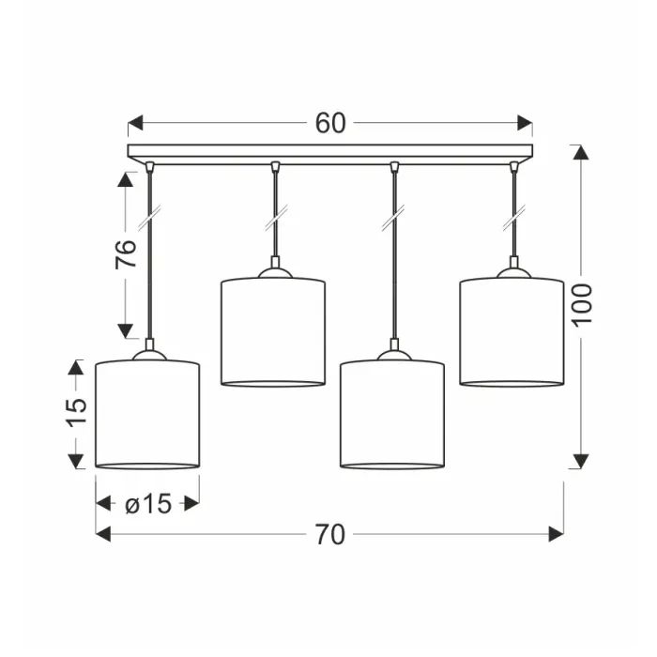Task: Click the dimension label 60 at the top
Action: (x=330, y=123)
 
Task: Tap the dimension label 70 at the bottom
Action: (x=330, y=535)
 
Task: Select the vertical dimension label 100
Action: (x=583, y=305)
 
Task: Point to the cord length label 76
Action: (x=126, y=254)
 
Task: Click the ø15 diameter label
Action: (x=148, y=503)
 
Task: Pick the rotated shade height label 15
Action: (x=77, y=412)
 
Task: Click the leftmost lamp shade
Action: (x=147, y=414)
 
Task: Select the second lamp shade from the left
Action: (x=273, y=331)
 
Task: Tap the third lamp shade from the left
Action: (x=392, y=414)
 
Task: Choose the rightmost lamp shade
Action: (x=512, y=331)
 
